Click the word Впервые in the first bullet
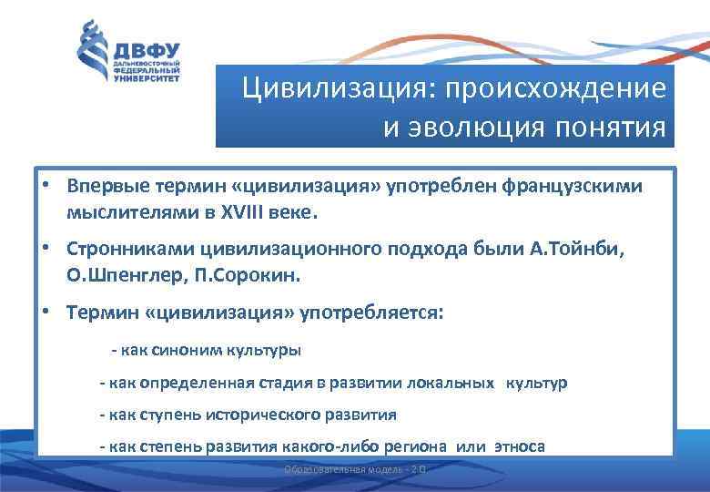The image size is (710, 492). click(x=103, y=187)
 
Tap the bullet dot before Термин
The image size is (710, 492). click(x=44, y=311)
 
